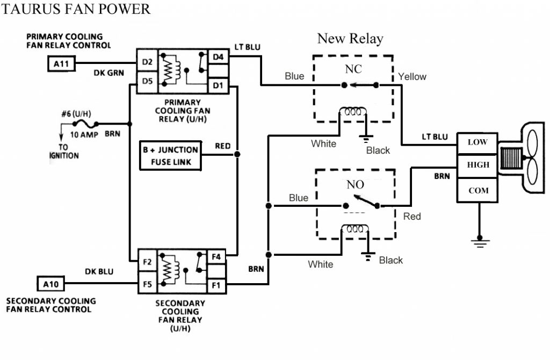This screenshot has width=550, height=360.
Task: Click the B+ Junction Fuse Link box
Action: pos(170,155)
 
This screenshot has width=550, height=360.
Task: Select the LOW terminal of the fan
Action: pos(477,142)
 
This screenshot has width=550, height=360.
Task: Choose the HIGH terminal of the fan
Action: pos(477,165)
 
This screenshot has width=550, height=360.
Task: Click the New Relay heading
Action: pos(350,39)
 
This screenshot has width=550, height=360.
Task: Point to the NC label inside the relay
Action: pos(353,69)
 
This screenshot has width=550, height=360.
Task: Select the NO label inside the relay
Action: pos(355,185)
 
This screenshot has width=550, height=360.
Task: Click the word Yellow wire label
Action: pos(412,77)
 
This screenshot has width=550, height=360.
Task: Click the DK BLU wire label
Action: pos(99,272)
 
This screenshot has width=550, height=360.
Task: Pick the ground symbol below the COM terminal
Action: pos(478,242)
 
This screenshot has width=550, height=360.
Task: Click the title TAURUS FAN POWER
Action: pos(77,9)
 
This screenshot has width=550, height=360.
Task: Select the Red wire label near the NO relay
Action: pos(412,217)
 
